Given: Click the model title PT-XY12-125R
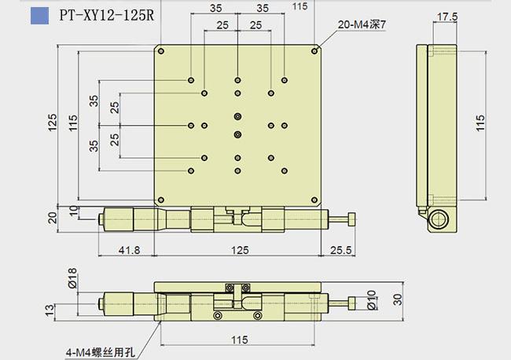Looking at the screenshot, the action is point(106,15).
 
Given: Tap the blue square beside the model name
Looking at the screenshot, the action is point(40,16).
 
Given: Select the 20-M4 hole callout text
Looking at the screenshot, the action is point(362,24).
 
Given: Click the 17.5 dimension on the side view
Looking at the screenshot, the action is point(447,17).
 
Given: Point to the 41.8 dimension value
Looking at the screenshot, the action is point(130,250).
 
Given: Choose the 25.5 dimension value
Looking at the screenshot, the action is point(341,250).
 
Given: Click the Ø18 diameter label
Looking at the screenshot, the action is point(72,278).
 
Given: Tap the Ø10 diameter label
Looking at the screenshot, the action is point(372,299).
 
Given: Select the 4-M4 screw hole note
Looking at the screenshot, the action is point(100,352).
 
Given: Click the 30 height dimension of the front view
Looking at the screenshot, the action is point(398,299).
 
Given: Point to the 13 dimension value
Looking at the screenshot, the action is point(50,310).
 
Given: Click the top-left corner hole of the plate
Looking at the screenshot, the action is point(161,51).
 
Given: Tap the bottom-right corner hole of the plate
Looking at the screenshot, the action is point(314,200).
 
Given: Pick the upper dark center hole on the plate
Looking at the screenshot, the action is point(238,116).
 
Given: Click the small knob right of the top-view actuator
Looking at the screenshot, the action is point(351,219).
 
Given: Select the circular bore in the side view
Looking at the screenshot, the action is point(439,219).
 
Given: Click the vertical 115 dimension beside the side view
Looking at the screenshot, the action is point(480,123).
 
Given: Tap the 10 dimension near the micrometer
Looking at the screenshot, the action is point(75,211).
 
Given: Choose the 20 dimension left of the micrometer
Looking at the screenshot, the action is point(53,218).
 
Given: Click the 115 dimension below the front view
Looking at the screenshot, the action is point(240,340).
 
